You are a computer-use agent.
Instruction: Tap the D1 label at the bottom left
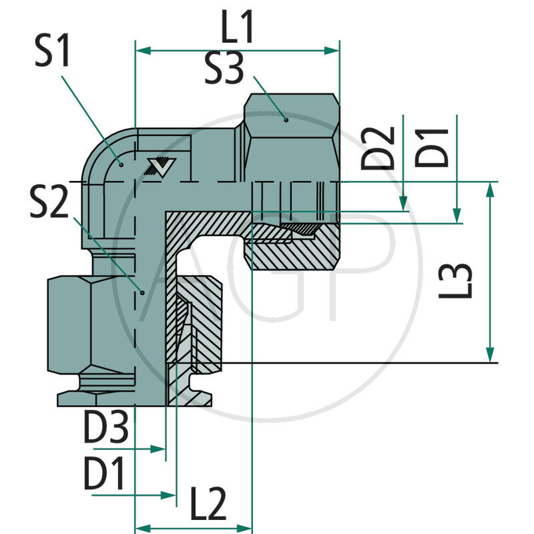pyautogui.click(x=104, y=476)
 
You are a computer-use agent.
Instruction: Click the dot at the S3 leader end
pyautogui.click(x=286, y=120)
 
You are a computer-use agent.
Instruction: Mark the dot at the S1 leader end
pyautogui.click(x=121, y=163)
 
